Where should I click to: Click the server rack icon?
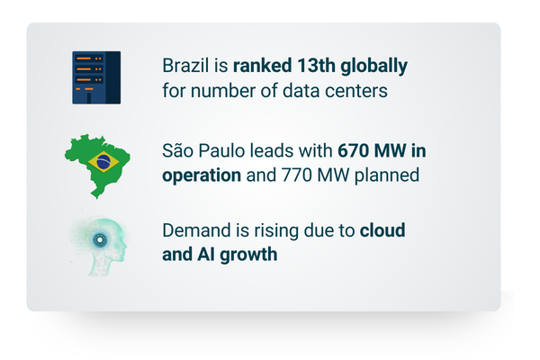click(96, 77)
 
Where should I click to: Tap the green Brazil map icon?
click(97, 166)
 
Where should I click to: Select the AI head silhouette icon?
click(100, 246)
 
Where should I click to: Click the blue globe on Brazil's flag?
click(103, 162)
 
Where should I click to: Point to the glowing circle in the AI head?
click(100, 239)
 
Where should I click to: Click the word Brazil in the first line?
click(185, 66)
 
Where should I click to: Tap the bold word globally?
click(374, 67)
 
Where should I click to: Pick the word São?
click(177, 150)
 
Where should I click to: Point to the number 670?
click(354, 151)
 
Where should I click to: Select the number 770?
click(296, 175)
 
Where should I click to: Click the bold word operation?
click(202, 176)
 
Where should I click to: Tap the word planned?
click(387, 175)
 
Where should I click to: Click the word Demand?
click(196, 230)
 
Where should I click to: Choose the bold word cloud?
click(382, 230)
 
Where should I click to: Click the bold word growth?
click(248, 256)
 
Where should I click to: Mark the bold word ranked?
click(263, 66)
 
